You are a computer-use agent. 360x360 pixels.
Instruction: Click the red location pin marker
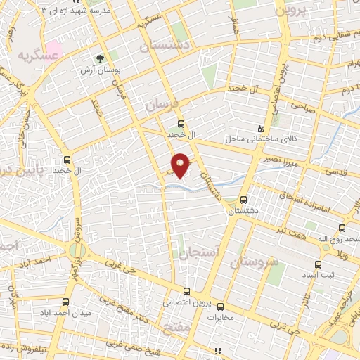181,165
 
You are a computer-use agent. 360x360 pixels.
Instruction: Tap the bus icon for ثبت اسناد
319,264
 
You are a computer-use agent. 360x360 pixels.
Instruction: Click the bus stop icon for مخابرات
219,306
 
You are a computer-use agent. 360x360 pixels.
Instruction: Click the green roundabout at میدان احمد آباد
77,250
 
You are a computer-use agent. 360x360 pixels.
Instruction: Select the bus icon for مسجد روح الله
342,227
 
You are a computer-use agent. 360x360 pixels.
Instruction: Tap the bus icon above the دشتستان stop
244,199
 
